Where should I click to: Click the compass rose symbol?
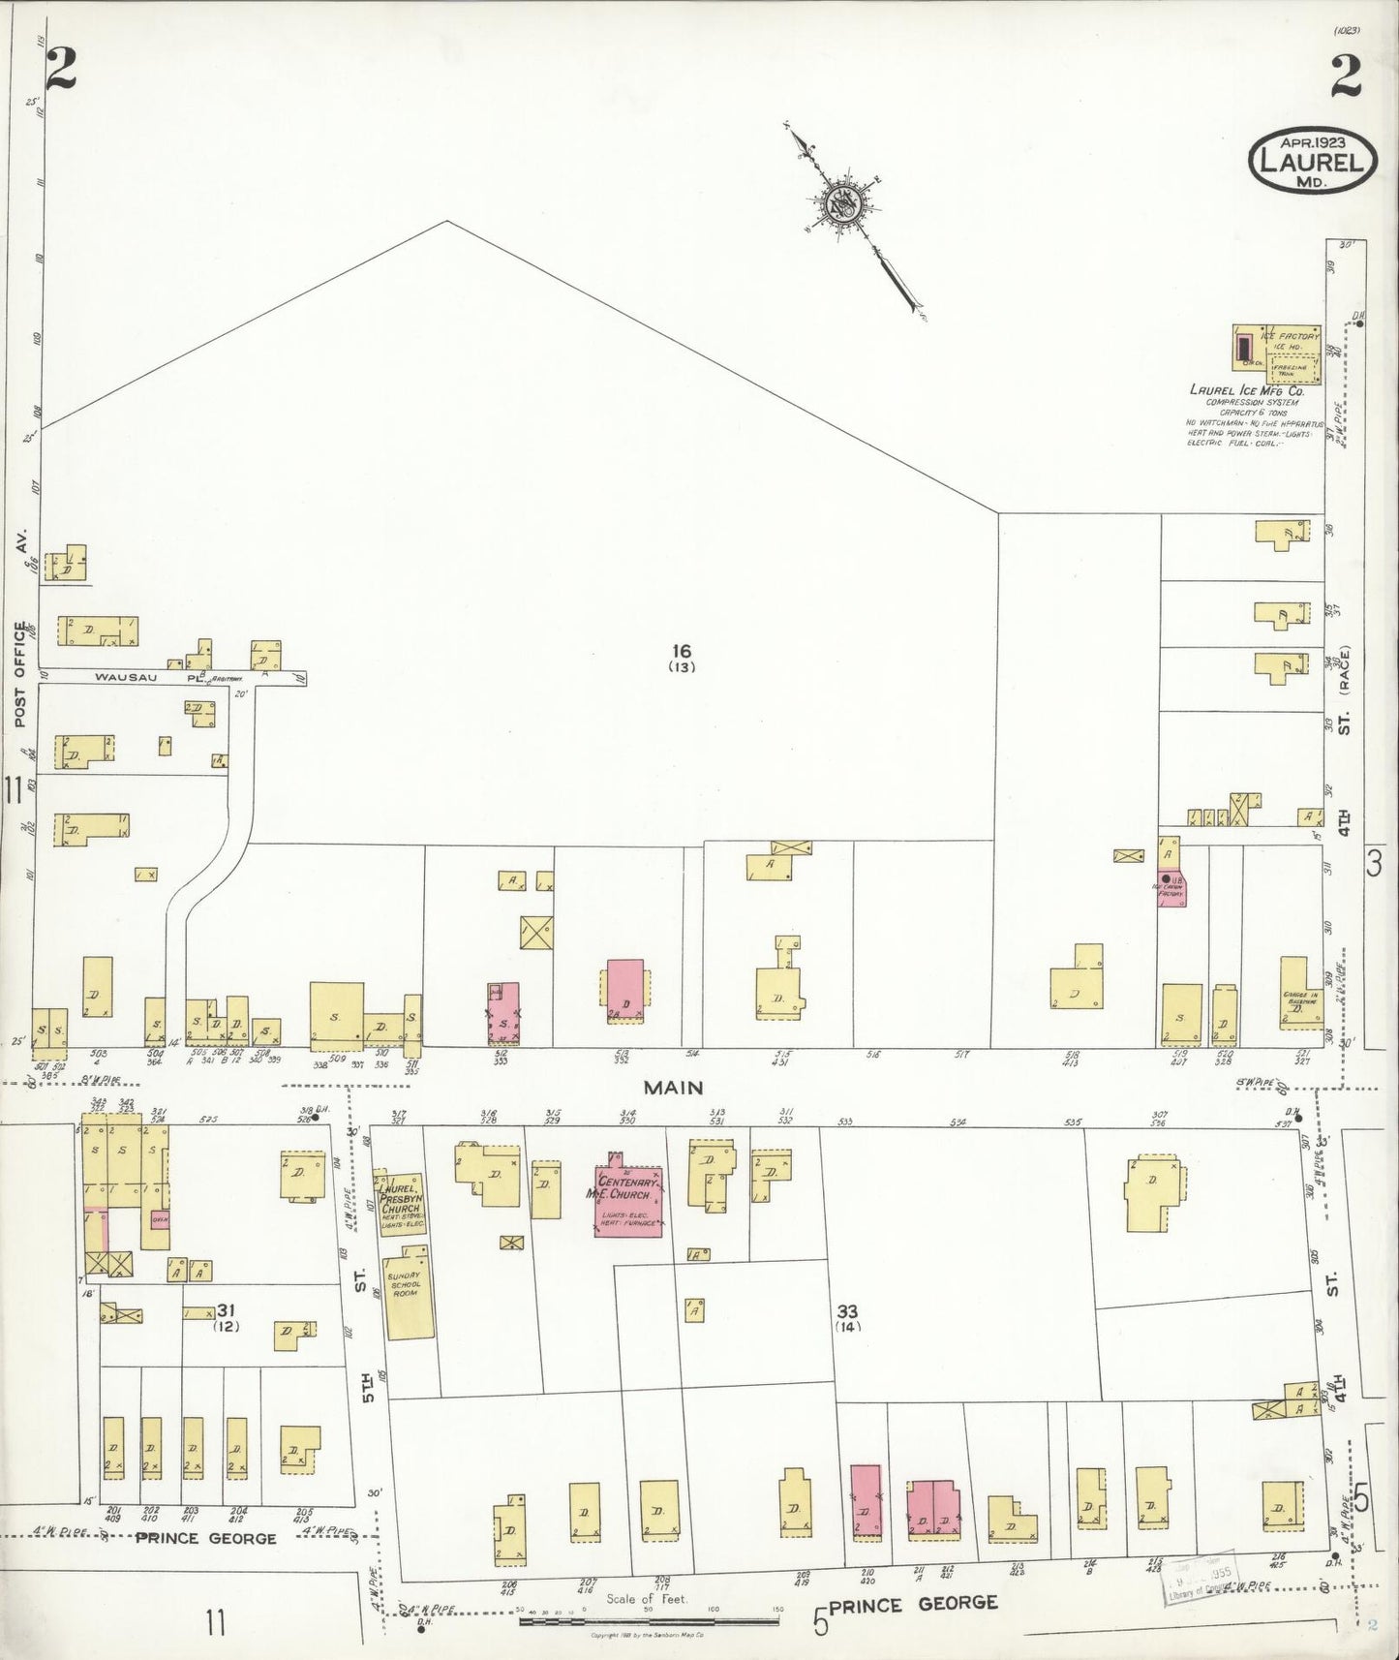(841, 202)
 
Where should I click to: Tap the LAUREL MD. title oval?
(1314, 162)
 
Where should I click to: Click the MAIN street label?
(672, 1088)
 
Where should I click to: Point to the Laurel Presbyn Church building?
(400, 1202)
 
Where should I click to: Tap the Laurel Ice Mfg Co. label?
(1247, 391)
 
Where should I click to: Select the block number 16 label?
(683, 651)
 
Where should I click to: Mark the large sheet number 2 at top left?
(60, 68)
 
